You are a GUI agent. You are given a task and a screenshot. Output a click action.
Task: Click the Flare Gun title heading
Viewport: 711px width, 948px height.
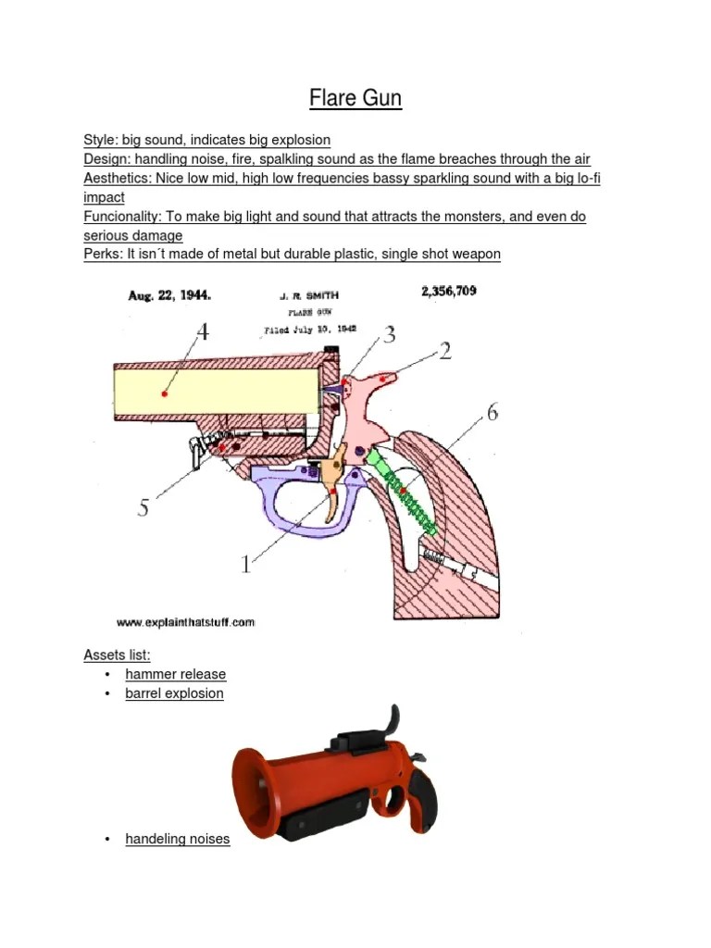[x=355, y=98]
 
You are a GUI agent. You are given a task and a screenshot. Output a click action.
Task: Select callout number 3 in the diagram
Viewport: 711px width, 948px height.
[x=390, y=334]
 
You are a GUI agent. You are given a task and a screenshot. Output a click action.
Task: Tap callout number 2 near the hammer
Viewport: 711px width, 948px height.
[x=445, y=350]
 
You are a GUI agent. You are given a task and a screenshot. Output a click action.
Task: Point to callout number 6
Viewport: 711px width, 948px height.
[x=492, y=412]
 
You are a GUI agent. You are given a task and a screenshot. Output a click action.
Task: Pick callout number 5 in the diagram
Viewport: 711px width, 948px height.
[x=143, y=506]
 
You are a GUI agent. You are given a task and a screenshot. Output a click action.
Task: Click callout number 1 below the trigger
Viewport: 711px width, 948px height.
[x=245, y=562]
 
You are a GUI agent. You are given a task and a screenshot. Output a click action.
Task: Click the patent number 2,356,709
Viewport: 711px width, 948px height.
[x=449, y=291]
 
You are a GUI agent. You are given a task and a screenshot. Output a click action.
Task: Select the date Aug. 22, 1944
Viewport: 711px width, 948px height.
[x=169, y=296]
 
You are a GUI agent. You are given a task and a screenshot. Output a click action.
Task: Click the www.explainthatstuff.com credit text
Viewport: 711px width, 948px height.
[x=185, y=622]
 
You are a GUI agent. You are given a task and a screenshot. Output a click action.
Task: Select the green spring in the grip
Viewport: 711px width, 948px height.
[x=405, y=491]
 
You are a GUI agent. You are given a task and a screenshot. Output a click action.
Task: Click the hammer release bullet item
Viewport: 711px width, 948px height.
[x=175, y=674]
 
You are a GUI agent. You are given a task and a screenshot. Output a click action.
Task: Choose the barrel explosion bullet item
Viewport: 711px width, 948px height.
[x=174, y=692]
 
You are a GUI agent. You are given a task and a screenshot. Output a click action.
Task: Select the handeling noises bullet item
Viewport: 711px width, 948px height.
[x=177, y=839]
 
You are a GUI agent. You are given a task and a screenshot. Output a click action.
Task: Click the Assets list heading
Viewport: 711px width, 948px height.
[x=117, y=655]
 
